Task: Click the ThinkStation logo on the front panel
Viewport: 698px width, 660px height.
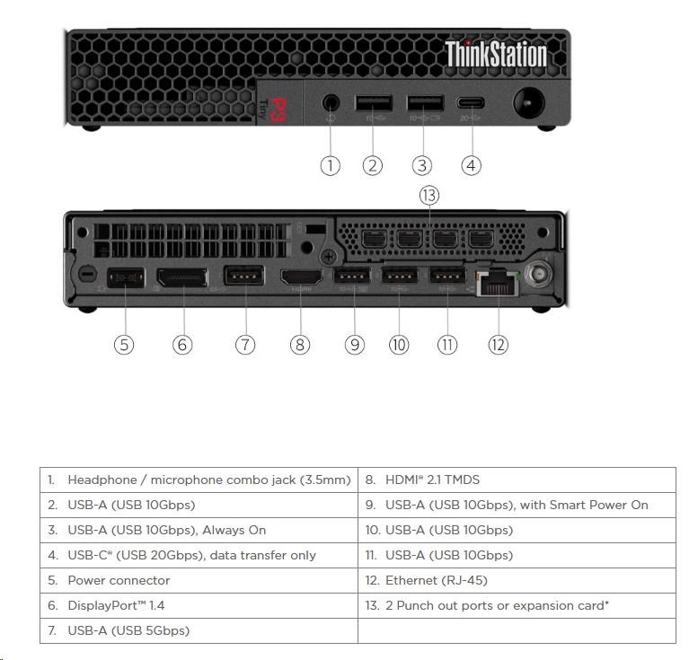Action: (495, 54)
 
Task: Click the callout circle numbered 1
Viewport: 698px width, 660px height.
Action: (331, 165)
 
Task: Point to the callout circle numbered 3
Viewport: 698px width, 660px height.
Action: (422, 165)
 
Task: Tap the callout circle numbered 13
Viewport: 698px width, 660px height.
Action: (429, 195)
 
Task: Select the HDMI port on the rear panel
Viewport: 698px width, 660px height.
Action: (300, 279)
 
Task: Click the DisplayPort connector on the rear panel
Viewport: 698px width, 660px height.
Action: (182, 279)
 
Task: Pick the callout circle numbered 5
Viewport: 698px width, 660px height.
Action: (124, 344)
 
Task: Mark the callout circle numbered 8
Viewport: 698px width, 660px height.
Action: (300, 344)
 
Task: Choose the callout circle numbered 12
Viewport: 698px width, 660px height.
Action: (498, 344)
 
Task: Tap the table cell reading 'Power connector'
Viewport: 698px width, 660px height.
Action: (119, 580)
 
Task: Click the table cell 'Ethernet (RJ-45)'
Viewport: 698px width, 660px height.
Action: (437, 580)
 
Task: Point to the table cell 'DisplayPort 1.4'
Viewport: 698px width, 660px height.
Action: (116, 605)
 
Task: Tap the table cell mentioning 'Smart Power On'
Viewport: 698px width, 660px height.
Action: (517, 505)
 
